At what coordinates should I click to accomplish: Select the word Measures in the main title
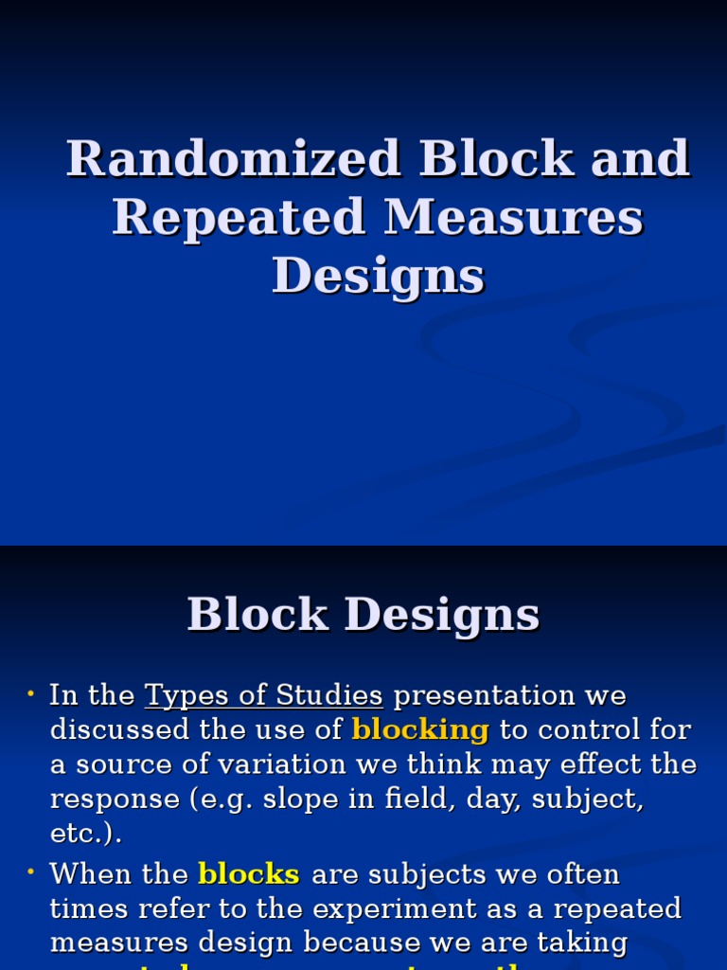click(x=513, y=217)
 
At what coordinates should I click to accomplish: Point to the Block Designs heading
click(x=363, y=615)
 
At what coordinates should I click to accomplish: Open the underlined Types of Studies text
click(x=263, y=696)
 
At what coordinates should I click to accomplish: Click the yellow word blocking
click(x=420, y=730)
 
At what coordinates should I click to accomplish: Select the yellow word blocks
click(x=249, y=873)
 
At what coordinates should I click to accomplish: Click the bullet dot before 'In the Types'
click(x=30, y=695)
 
